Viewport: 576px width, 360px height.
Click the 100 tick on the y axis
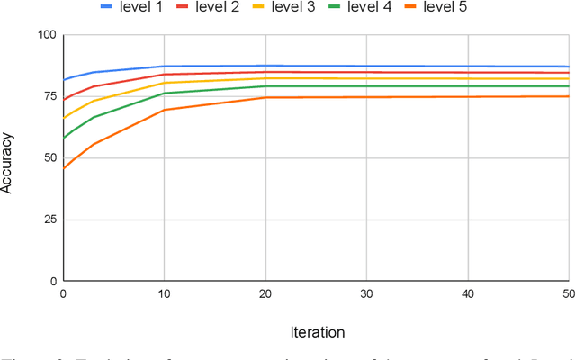click(x=46, y=35)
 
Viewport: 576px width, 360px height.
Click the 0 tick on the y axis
click(x=53, y=281)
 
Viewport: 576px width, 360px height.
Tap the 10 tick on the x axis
click(x=164, y=294)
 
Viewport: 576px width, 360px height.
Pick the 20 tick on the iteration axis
click(x=265, y=294)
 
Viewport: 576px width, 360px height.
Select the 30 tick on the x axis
click(x=366, y=294)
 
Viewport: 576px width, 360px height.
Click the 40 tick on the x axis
click(x=467, y=294)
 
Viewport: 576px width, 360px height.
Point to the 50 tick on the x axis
click(x=567, y=294)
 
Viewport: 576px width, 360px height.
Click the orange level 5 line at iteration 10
click(x=164, y=110)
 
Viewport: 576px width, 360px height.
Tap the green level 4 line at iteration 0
click(x=63, y=138)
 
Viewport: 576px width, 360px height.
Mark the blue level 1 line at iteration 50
click(x=568, y=67)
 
